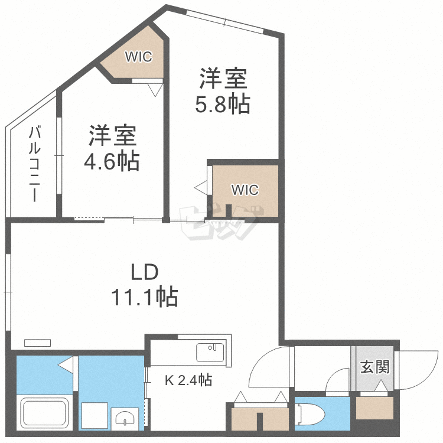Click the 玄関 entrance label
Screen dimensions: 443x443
[375, 367]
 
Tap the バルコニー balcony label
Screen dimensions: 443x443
[34, 164]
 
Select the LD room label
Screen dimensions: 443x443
[144, 272]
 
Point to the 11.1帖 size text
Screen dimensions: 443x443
[145, 297]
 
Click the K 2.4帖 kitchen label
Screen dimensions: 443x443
[188, 380]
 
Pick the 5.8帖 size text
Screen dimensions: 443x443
[223, 105]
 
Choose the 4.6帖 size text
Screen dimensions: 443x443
[112, 161]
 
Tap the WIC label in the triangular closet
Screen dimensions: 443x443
[138, 57]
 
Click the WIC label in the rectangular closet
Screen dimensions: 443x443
[245, 190]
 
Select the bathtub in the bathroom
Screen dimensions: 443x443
[45, 412]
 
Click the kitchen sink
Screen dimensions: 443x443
[210, 352]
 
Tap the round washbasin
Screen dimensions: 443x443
[125, 417]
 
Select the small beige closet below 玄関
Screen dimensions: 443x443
[374, 408]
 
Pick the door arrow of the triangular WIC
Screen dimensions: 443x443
[155, 90]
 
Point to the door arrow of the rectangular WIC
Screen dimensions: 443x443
[201, 188]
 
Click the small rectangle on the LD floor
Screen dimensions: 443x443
[38, 343]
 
